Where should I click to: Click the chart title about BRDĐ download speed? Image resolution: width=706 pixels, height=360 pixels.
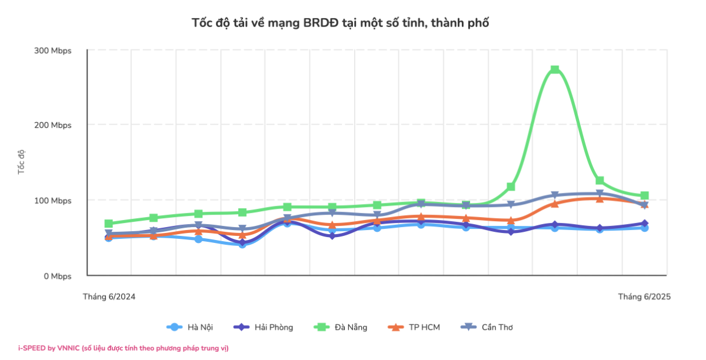tap(341, 23)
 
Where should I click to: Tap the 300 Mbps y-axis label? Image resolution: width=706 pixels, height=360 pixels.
tap(53, 51)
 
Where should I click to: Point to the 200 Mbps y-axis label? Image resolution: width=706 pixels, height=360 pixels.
tap(53, 125)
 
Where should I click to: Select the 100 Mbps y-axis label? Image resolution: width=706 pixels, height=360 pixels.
tap(53, 201)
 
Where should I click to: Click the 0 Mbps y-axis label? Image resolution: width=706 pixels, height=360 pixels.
tap(57, 276)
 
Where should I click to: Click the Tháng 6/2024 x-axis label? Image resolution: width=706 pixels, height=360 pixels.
tap(109, 297)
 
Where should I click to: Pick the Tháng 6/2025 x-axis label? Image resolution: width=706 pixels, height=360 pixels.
tap(644, 297)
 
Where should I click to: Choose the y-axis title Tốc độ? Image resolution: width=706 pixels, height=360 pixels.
tap(22, 162)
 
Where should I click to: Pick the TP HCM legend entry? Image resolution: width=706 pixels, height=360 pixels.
tap(415, 327)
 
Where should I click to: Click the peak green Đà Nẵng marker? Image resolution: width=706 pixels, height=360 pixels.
tap(555, 69)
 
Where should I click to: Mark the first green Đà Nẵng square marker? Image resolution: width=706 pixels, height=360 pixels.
tap(109, 224)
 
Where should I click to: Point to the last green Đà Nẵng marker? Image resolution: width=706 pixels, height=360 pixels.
tap(644, 195)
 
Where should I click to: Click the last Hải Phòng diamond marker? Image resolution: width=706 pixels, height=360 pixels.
tap(644, 224)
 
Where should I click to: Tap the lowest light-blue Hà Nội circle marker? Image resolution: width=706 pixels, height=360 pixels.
tap(242, 244)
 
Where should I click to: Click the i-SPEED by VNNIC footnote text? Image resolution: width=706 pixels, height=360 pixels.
tap(123, 348)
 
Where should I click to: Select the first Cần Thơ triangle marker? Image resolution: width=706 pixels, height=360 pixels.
tap(109, 234)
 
